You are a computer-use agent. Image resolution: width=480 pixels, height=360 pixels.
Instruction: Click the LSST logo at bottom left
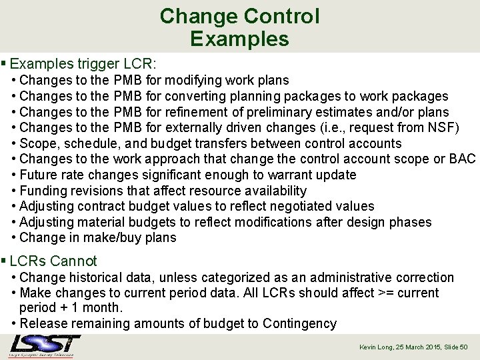tap(45, 345)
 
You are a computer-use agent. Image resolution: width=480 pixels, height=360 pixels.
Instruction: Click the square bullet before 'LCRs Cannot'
tap(4, 261)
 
